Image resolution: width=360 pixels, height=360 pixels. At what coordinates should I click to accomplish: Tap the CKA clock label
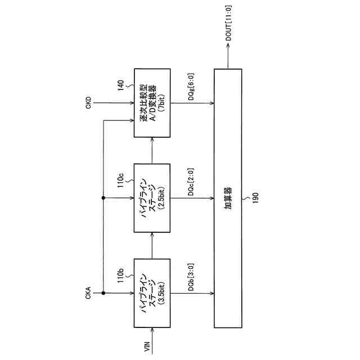(88, 294)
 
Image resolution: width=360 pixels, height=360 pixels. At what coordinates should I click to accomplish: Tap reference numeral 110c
(120, 183)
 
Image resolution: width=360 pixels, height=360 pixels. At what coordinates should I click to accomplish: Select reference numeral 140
(120, 85)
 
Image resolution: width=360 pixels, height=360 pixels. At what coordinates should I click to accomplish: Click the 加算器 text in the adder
(228, 198)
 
